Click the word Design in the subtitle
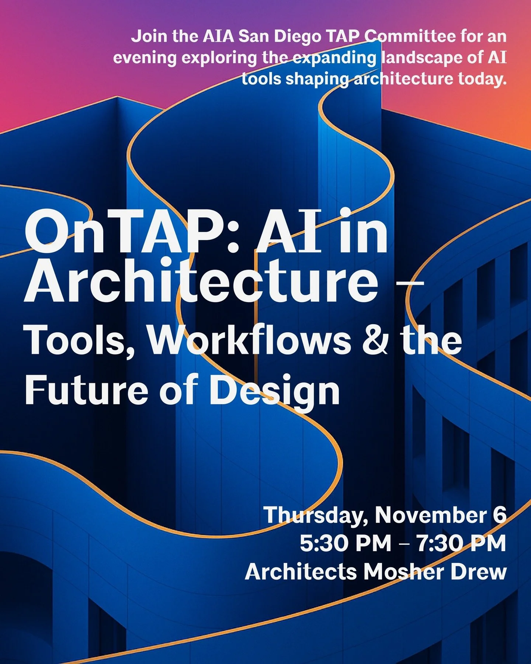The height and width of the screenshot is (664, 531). click(x=274, y=392)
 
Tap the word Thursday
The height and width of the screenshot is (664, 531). click(x=316, y=515)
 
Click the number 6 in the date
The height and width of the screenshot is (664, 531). click(x=499, y=515)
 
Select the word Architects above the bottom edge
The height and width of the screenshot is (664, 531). click(x=301, y=572)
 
